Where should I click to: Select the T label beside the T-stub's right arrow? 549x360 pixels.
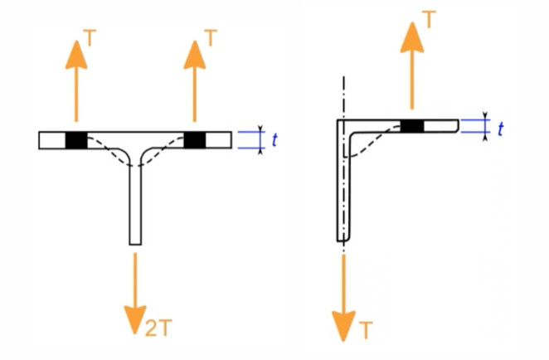point(211,37)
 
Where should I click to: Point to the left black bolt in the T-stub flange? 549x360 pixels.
point(76,140)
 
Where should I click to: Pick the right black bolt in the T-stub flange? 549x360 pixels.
point(195,140)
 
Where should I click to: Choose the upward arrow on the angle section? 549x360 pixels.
point(412,71)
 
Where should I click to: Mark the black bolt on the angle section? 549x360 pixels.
point(412,126)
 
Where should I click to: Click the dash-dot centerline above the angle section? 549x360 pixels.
point(342,95)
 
